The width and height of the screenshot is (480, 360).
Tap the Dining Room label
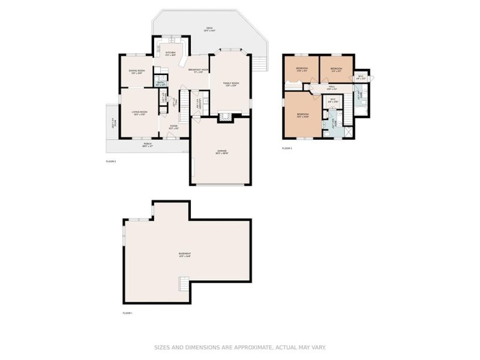(136, 72)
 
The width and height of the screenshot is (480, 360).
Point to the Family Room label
(231, 84)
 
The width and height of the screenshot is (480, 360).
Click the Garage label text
(221, 152)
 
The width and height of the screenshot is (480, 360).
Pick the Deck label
(209, 29)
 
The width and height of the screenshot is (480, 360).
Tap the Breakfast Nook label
(198, 71)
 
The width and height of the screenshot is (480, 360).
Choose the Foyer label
(173, 127)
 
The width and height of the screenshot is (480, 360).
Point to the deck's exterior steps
(259, 63)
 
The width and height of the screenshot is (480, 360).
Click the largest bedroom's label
(302, 115)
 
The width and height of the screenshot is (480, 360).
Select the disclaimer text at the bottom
(239, 347)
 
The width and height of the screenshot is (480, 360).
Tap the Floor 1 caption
(127, 313)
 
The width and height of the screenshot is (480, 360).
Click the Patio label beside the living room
(112, 127)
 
